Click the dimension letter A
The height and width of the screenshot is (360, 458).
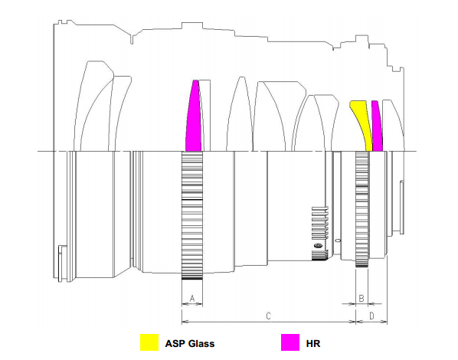(192, 299)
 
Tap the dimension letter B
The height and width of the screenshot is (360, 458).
(361, 299)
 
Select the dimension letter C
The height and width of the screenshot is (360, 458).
(268, 316)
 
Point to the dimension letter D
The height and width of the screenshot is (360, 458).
(371, 316)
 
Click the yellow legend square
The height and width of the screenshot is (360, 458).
(149, 342)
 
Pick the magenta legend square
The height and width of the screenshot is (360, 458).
(290, 342)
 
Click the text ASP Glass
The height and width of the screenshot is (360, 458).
(190, 343)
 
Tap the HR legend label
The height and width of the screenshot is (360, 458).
(313, 343)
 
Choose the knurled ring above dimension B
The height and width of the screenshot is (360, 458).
(362, 209)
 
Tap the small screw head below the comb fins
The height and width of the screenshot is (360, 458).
(318, 246)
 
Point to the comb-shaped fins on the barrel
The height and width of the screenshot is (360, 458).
(320, 223)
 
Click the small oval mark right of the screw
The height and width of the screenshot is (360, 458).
(339, 241)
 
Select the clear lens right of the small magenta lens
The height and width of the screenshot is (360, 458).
(394, 126)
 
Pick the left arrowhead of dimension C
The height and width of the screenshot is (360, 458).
(185, 322)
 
